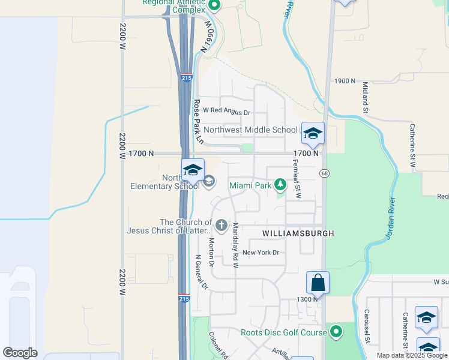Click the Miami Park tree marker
[279, 185]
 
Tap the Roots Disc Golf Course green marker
[336, 331]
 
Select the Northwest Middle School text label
[250, 130]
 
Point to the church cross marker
[221, 226]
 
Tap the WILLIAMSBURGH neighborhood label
[297, 232]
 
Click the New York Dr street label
[261, 253]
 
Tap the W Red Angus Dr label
[226, 111]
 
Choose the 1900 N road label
[346, 81]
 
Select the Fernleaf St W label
[297, 180]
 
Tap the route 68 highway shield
[324, 173]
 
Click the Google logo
[20, 353]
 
